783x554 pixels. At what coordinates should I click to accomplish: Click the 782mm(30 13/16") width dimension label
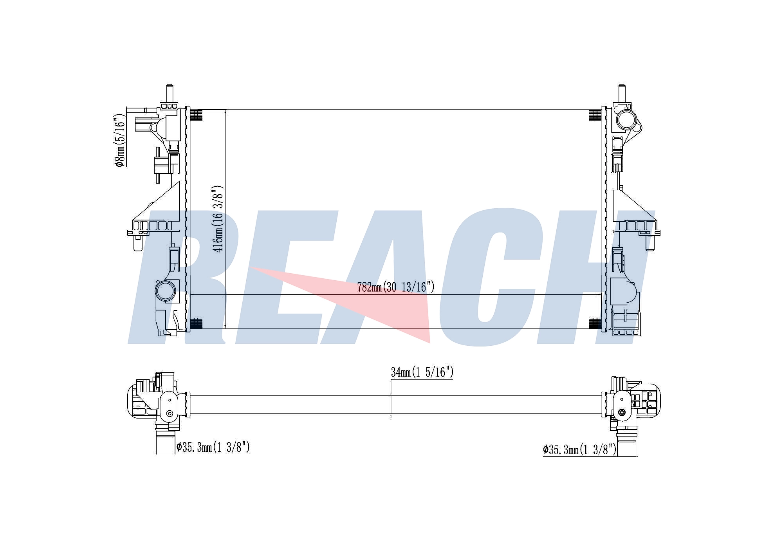pos(396,287)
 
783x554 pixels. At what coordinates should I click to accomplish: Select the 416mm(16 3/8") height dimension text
pos(218,219)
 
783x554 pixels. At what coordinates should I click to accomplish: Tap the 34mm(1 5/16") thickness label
pos(422,372)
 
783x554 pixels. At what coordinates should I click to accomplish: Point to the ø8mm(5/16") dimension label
pos(120,141)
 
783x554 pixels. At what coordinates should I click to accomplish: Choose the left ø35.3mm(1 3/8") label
pos(213,447)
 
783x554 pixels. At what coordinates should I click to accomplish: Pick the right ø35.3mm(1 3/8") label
pos(579,449)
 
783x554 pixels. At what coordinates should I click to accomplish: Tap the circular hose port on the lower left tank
pos(165,291)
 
